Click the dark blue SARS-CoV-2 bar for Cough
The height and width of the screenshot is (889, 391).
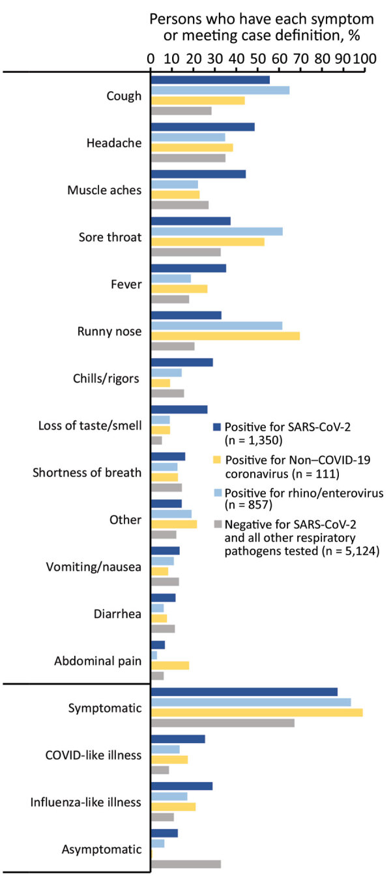(210, 80)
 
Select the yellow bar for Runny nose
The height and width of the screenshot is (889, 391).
(225, 336)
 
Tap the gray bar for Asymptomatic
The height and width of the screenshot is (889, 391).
(186, 864)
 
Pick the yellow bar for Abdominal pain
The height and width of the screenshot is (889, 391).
(170, 665)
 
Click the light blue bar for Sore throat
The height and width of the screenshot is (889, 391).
(216, 231)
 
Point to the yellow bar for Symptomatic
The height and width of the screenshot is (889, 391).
(257, 713)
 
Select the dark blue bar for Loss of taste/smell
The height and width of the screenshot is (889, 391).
(179, 409)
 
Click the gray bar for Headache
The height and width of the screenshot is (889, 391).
(188, 158)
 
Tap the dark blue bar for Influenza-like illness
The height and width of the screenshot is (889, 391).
(182, 786)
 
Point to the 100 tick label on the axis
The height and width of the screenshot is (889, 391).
(366, 57)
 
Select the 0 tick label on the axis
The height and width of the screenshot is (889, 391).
(151, 57)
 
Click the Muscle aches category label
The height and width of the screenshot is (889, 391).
(104, 190)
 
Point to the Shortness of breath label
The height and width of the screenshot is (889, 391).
(87, 472)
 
